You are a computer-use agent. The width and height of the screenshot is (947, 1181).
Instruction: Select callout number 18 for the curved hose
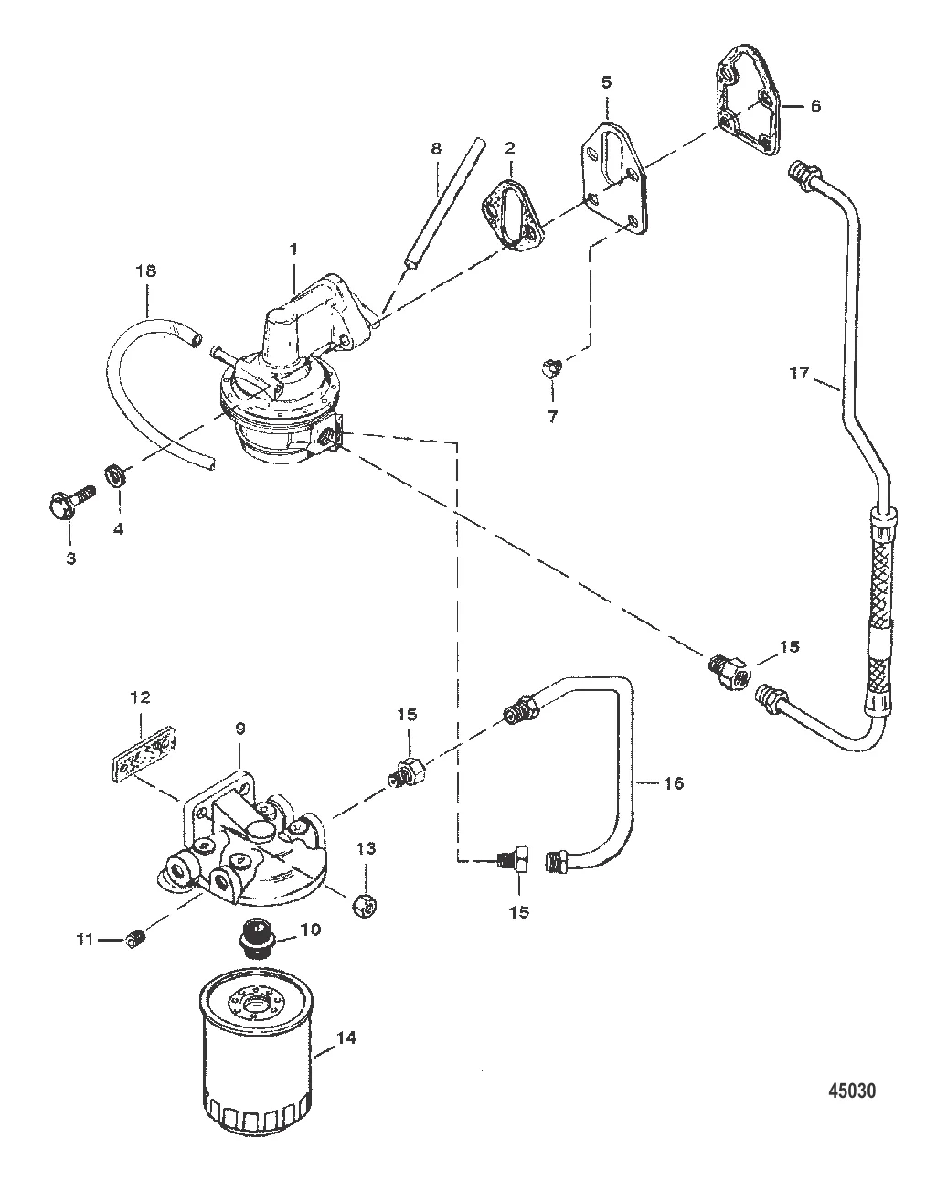click(x=147, y=271)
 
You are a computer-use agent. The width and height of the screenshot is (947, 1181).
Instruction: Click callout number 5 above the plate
click(x=607, y=82)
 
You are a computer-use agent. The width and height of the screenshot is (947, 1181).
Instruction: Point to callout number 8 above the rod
click(x=436, y=148)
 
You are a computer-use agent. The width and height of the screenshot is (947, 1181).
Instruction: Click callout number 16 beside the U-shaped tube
click(x=675, y=783)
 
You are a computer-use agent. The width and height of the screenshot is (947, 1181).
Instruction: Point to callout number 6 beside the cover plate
click(x=814, y=105)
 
